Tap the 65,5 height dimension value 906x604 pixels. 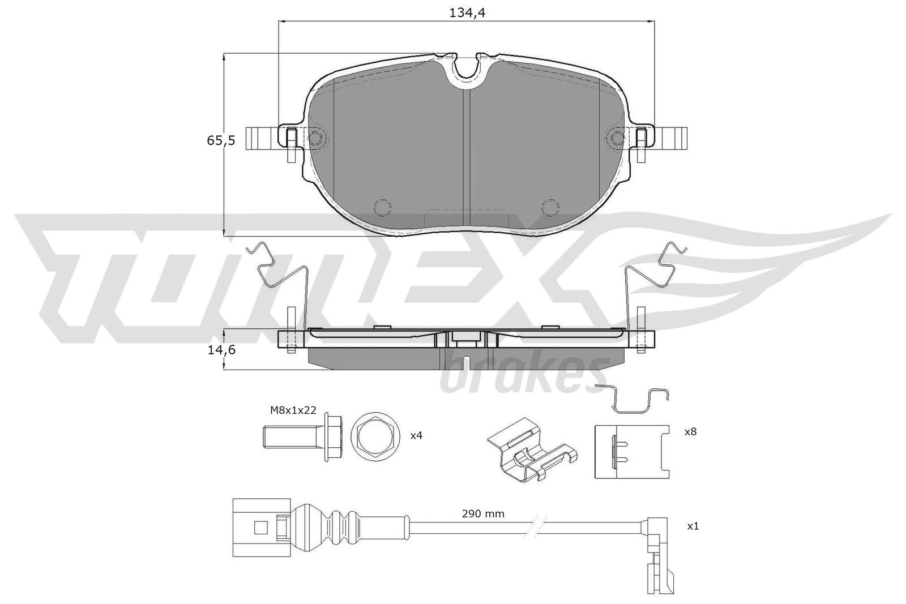click(221, 141)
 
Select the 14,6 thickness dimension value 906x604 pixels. click(221, 350)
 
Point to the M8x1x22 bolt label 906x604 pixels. click(293, 410)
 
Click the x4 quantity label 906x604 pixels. click(416, 435)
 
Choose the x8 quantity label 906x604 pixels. click(690, 432)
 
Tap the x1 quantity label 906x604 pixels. click(693, 526)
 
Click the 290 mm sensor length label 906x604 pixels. click(483, 514)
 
